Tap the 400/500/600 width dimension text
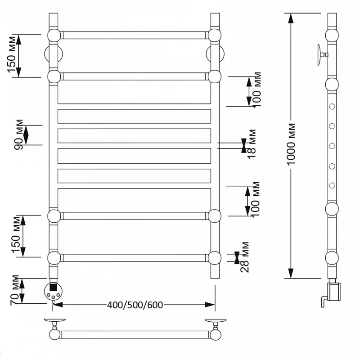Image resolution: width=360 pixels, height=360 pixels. coord(135,305)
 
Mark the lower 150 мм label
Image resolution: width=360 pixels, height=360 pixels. coord(17,236)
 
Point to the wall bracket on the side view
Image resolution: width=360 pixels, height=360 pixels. coord(321,55)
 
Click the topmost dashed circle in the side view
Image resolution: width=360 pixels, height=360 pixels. coord(333,107)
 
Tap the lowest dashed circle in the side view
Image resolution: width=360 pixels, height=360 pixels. coord(333,185)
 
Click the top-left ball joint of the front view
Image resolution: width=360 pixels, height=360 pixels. coord(54,35)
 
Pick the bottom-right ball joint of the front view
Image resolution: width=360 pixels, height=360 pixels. coord(215,257)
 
